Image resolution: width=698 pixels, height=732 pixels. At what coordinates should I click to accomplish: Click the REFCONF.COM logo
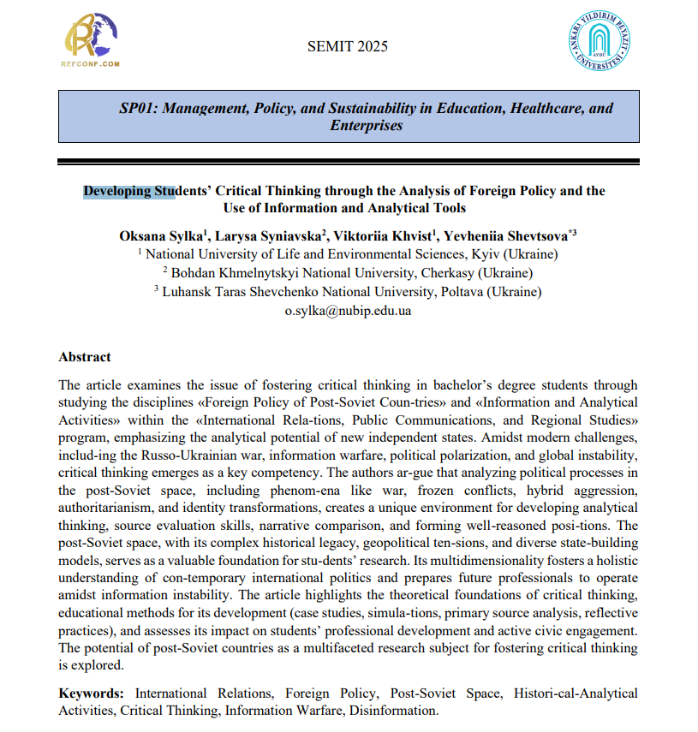[x=91, y=40]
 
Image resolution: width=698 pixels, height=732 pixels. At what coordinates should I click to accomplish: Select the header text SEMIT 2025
[x=347, y=46]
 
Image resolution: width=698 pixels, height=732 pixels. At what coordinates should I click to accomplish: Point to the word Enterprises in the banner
[x=366, y=125]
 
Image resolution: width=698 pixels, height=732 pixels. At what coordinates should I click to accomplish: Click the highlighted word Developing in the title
[x=116, y=191]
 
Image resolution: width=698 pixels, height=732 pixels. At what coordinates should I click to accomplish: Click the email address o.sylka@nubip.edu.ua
[x=348, y=310]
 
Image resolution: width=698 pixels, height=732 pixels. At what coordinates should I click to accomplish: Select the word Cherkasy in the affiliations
[x=437, y=273]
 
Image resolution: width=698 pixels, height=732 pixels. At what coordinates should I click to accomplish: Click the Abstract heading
[x=84, y=357]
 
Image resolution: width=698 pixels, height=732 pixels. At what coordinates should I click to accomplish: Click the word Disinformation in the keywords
[x=396, y=710]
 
